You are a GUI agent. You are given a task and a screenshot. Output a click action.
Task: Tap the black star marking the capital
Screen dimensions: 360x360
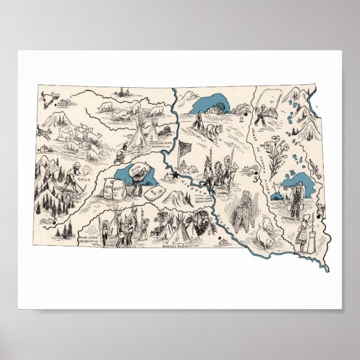[x=177, y=176]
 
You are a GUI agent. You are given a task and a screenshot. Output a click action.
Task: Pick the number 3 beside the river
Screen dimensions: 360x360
[x=255, y=180]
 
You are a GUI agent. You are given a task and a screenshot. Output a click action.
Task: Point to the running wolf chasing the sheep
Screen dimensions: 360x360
[x=44, y=132]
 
